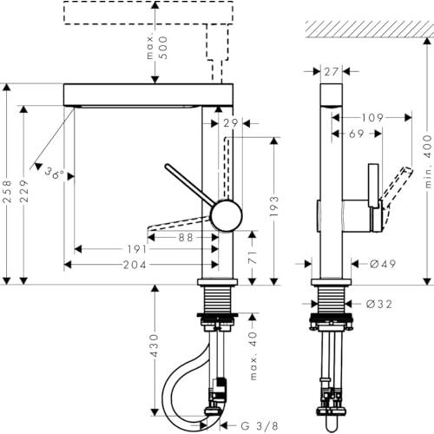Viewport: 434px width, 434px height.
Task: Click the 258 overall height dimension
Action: click(7, 191)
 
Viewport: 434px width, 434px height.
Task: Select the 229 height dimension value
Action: click(24, 191)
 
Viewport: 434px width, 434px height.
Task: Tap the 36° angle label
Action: click(55, 173)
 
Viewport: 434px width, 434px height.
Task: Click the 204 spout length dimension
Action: click(135, 265)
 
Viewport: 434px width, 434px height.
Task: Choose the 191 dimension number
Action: click(137, 249)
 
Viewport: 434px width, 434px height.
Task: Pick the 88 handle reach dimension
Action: click(186, 238)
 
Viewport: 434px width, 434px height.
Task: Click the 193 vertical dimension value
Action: click(274, 207)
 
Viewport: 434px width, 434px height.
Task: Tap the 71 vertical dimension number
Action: click(253, 257)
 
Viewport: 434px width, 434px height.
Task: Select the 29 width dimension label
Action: click(231, 123)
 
